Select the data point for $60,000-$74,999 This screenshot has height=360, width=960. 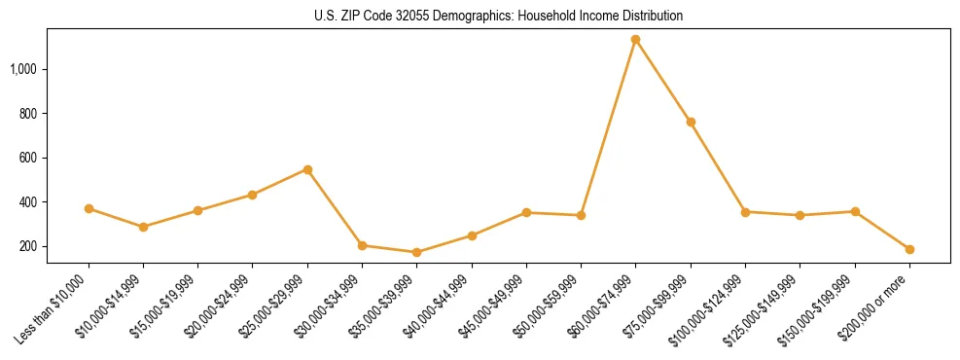(635, 40)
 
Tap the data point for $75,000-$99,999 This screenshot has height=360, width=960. (691, 123)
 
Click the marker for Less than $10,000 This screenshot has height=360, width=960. (89, 208)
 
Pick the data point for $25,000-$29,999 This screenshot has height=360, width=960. (307, 169)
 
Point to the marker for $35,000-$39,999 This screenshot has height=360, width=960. (416, 252)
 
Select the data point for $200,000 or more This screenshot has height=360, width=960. (909, 249)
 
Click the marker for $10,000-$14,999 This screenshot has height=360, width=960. (143, 227)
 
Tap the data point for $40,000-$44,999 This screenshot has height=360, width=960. (472, 235)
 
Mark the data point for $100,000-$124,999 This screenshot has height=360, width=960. (745, 211)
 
